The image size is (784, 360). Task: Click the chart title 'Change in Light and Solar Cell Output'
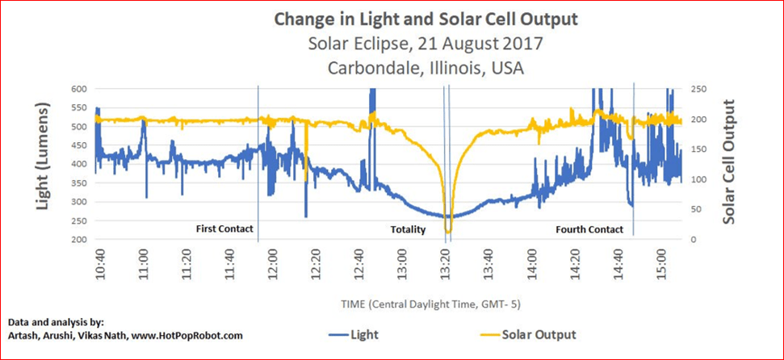[426, 18]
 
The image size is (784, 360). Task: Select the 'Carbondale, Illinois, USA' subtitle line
[426, 67]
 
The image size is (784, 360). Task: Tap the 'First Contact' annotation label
[224, 229]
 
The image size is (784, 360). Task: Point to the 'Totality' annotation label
[408, 230]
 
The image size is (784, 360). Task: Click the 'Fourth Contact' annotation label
[589, 230]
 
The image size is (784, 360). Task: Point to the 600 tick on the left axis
[78, 89]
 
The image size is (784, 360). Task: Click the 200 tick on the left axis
[78, 240]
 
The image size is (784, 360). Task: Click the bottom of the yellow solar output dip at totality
[447, 232]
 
